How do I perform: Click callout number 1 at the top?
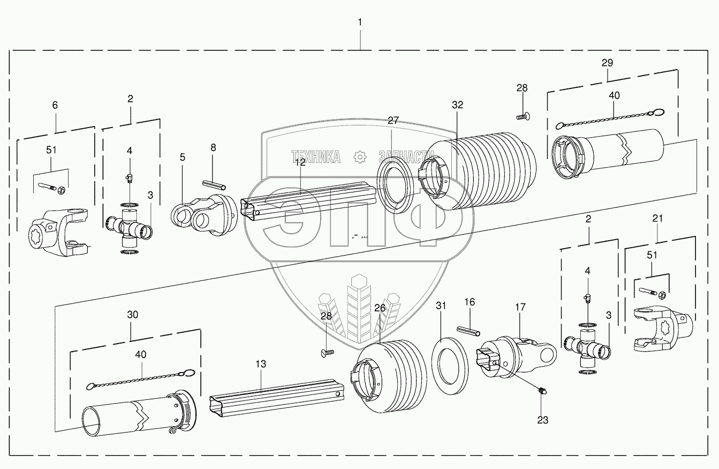[x=360, y=22]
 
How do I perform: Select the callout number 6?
[x=55, y=106]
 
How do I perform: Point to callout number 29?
[x=607, y=63]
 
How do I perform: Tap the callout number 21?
[x=657, y=219]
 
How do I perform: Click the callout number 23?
[x=542, y=420]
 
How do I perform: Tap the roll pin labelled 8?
[x=215, y=184]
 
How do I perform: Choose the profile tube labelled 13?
[x=276, y=400]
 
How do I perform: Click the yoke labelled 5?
[x=203, y=214]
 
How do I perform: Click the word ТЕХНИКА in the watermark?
[x=316, y=157]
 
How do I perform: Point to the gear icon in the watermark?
[x=359, y=157]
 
